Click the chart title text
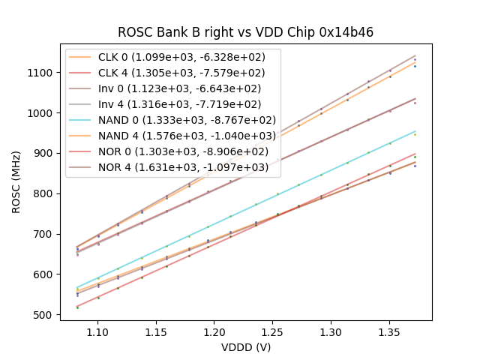[245, 32]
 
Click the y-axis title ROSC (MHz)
[16, 181]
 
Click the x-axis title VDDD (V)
[245, 347]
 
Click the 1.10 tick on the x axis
[97, 330]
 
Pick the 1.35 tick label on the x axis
[389, 330]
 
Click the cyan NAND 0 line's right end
[415, 131]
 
